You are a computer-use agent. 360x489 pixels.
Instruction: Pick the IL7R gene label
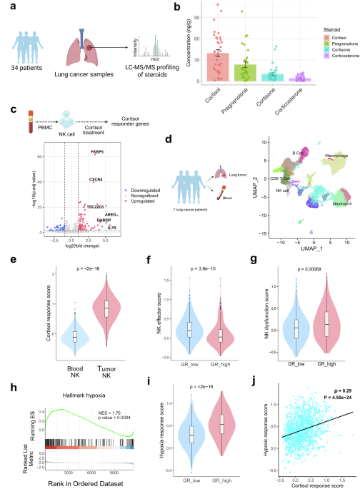113,208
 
